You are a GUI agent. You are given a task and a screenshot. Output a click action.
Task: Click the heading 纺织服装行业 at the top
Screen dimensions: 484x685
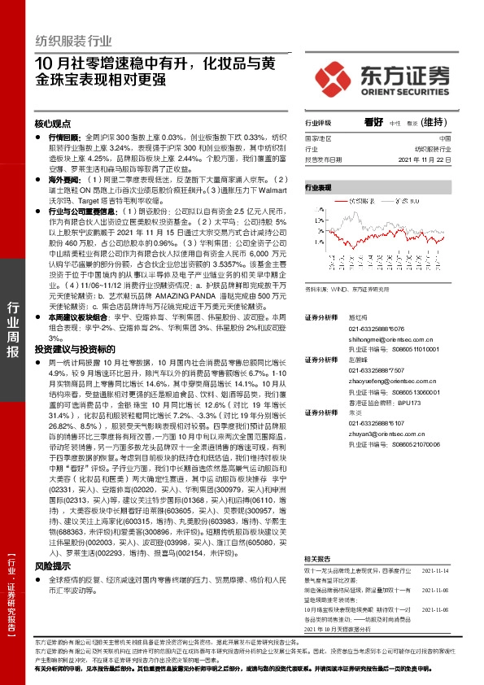(74, 39)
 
